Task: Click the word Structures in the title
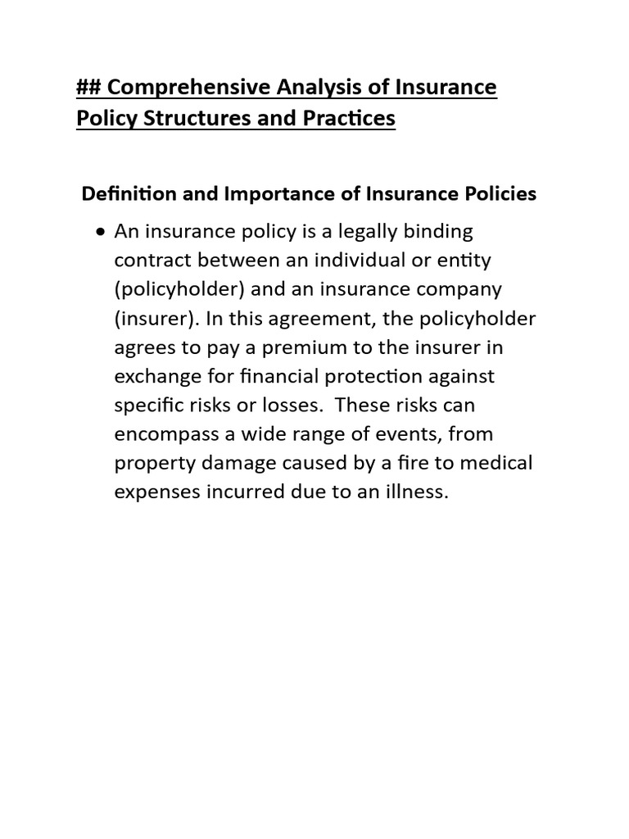[x=196, y=118]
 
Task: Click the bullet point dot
[x=100, y=232]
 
